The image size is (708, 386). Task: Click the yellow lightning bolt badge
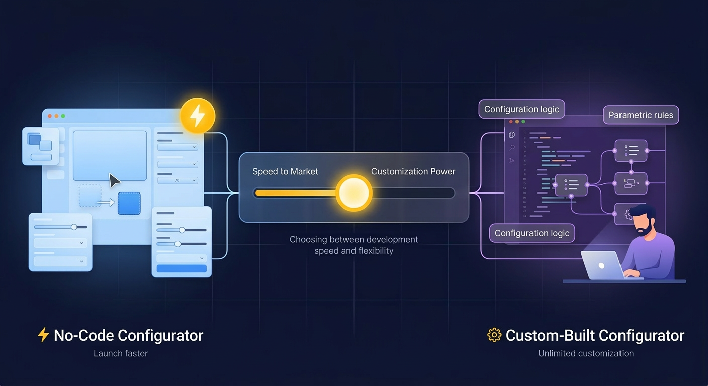pyautogui.click(x=197, y=116)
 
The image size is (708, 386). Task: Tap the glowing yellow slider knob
pyautogui.click(x=354, y=192)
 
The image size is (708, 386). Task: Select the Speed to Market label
pyautogui.click(x=285, y=171)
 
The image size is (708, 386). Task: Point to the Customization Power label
pyautogui.click(x=413, y=171)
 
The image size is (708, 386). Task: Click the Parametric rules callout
pyautogui.click(x=641, y=115)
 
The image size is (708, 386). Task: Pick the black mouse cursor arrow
pyautogui.click(x=114, y=180)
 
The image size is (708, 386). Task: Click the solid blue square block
pyautogui.click(x=129, y=203)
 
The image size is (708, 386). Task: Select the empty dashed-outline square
pyautogui.click(x=90, y=196)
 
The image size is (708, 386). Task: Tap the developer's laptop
pyautogui.click(x=602, y=265)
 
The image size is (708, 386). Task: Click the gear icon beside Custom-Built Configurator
pyautogui.click(x=494, y=335)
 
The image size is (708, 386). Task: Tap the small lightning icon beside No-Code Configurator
pyautogui.click(x=44, y=335)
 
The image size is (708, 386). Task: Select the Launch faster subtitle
pyautogui.click(x=121, y=353)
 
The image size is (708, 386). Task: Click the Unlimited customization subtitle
pyautogui.click(x=586, y=353)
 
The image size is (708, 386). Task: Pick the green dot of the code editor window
pyautogui.click(x=523, y=122)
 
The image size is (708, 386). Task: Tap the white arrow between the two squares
pyautogui.click(x=106, y=203)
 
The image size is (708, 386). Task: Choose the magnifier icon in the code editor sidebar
pyautogui.click(x=512, y=147)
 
